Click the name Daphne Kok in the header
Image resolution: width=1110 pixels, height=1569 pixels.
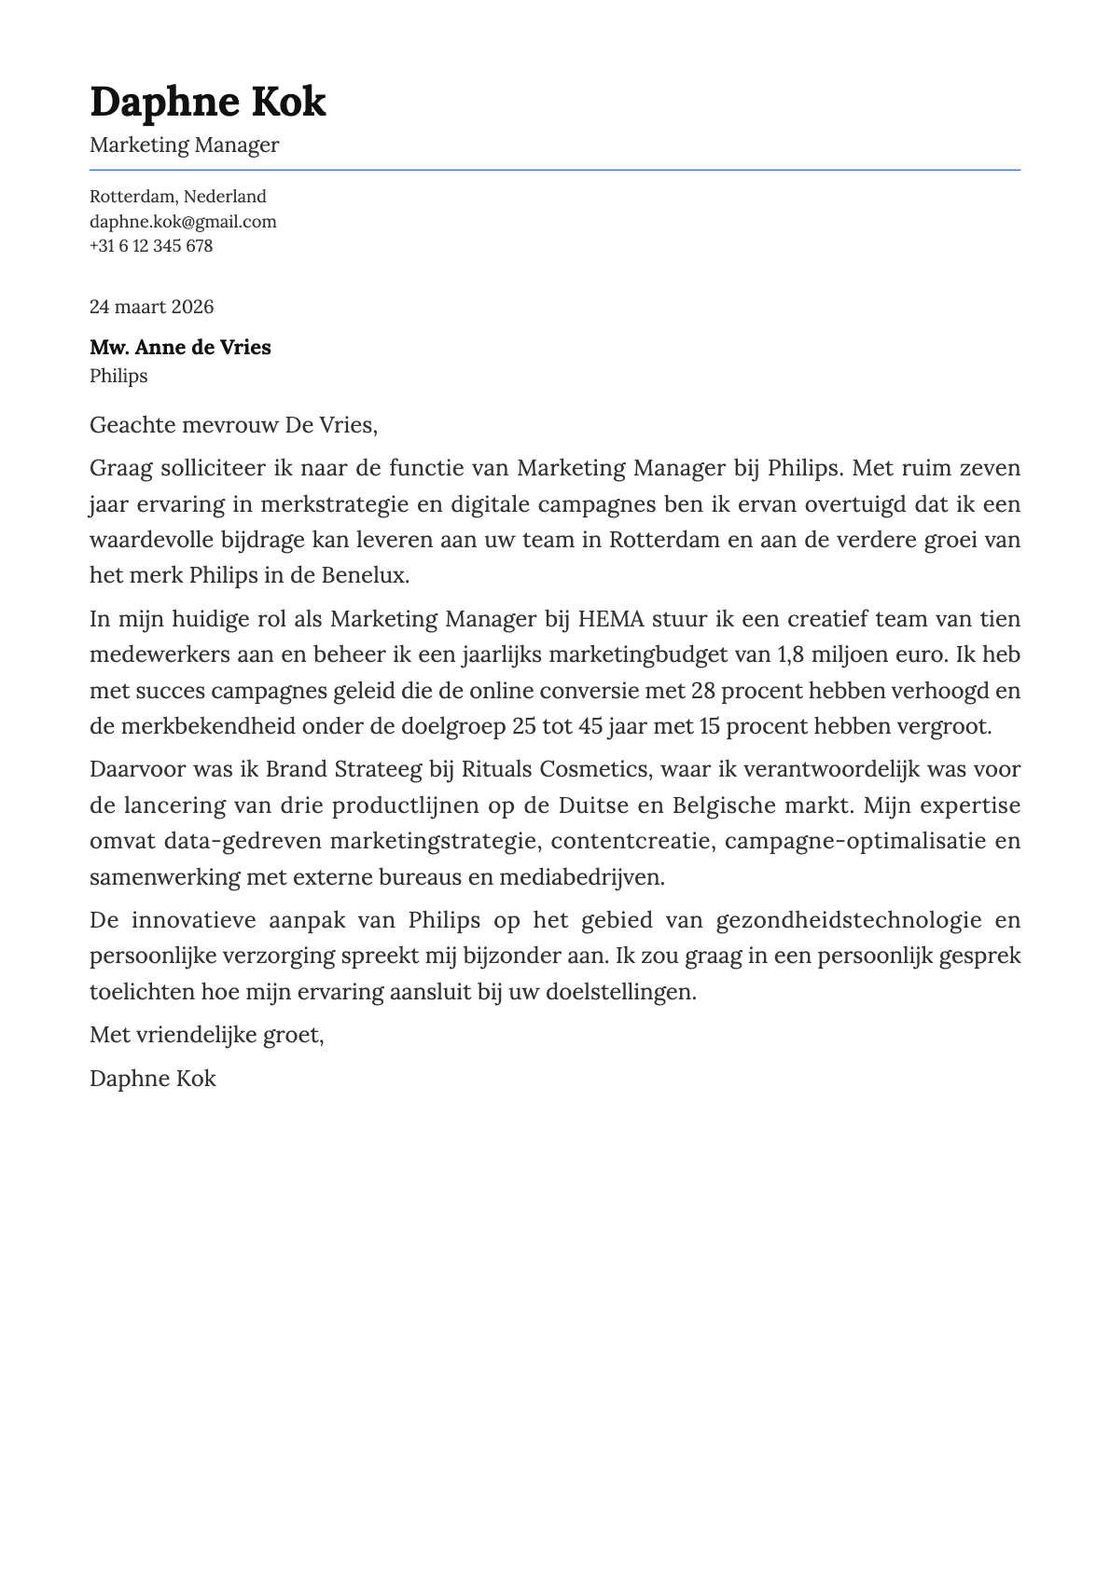tap(207, 102)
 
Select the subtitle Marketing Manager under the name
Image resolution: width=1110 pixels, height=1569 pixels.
tap(184, 145)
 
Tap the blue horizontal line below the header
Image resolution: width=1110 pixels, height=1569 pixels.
tap(554, 170)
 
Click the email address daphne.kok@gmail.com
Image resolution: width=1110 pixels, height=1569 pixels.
tap(183, 222)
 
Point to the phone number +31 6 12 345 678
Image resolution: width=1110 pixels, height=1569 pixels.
tap(151, 246)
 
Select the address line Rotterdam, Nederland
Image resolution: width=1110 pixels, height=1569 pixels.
tap(177, 197)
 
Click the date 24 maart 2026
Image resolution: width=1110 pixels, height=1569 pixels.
tap(151, 307)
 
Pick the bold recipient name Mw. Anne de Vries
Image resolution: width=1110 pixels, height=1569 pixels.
tap(180, 348)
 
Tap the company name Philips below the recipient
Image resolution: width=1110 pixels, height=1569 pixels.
tap(118, 376)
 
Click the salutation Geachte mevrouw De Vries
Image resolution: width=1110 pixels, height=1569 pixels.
tap(233, 426)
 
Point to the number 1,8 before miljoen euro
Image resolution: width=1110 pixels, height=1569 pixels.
tap(790, 654)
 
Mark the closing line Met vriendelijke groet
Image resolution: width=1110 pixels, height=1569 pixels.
tap(206, 1035)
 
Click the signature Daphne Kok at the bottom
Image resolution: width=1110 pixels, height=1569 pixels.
tap(152, 1079)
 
